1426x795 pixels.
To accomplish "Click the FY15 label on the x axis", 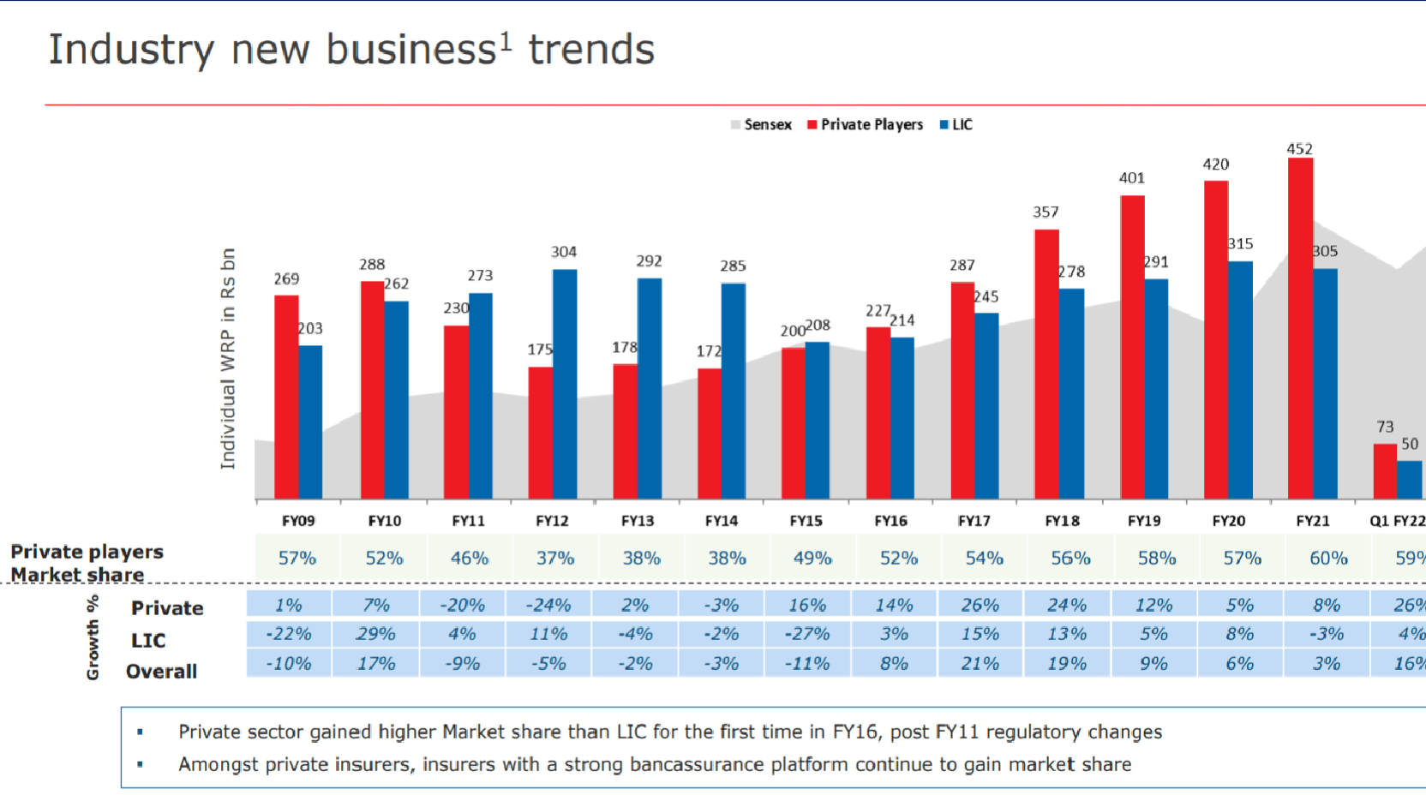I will pyautogui.click(x=806, y=521).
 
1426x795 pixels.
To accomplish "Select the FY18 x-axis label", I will pyautogui.click(x=1062, y=521).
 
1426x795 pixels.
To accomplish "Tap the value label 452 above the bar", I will pyautogui.click(x=1299, y=149).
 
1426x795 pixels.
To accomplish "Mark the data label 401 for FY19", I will pyautogui.click(x=1131, y=178).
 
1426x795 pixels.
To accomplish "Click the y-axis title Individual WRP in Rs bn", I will pyautogui.click(x=227, y=358).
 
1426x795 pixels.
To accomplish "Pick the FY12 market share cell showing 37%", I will pyautogui.click(x=555, y=559).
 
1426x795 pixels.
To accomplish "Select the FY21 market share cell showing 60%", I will pyautogui.click(x=1328, y=559).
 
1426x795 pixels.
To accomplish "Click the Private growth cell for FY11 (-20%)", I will pyautogui.click(x=463, y=606).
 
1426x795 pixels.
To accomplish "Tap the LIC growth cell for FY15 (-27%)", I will pyautogui.click(x=807, y=634).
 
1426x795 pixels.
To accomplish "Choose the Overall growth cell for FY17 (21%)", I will pyautogui.click(x=980, y=664).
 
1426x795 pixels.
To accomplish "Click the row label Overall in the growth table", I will pyautogui.click(x=161, y=672).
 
